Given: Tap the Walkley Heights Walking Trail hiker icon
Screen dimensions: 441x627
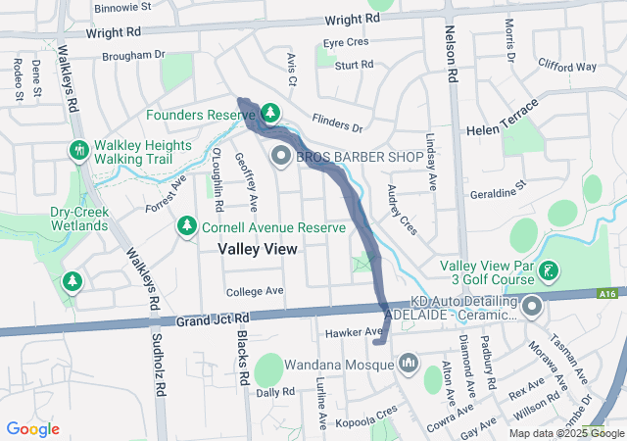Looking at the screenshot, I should coord(77,150).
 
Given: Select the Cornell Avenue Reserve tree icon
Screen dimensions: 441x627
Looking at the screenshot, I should coord(186,226).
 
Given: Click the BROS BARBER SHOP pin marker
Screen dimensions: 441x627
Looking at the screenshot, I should coord(280,156).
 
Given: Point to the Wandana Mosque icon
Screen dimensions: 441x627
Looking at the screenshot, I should coord(408,365).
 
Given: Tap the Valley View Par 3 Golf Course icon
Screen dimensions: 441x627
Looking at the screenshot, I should coord(549,268).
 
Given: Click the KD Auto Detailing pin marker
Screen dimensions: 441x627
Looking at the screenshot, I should coord(532,308).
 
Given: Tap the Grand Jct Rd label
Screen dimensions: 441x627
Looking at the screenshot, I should coord(214,319).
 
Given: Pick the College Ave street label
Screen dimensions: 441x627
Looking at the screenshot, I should coord(254,292).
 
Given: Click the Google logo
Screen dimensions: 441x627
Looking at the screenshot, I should coord(33,429).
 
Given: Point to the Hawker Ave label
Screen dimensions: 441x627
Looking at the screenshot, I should coord(360,333).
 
